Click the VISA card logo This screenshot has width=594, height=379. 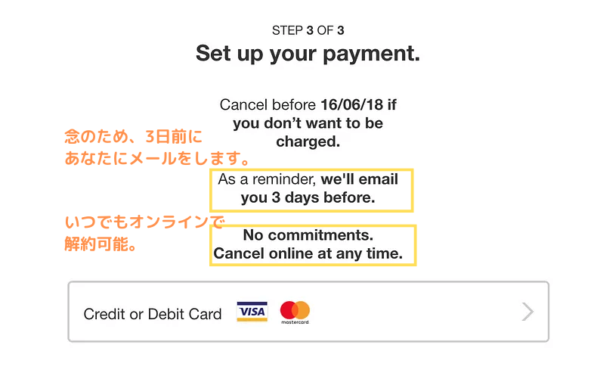(252, 312)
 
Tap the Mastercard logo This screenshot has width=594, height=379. (295, 312)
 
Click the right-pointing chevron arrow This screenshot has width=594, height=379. (527, 312)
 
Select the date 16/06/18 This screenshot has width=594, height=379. (352, 104)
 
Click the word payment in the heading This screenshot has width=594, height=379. (371, 54)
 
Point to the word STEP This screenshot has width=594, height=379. (287, 30)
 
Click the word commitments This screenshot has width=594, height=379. (320, 235)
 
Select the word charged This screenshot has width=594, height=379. (308, 142)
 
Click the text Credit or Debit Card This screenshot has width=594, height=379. (153, 314)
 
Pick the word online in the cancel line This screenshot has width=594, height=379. (291, 253)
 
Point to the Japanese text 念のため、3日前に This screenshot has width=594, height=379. (133, 137)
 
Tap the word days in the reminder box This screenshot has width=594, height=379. (302, 197)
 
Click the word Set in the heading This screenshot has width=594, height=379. (213, 53)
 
